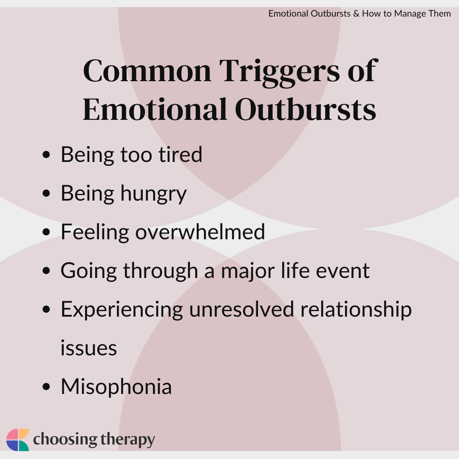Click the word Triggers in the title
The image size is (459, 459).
pyautogui.click(x=280, y=73)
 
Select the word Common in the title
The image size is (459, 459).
pyautogui.click(x=147, y=71)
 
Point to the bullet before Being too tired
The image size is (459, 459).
pyautogui.click(x=46, y=155)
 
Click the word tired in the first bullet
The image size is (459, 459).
pyautogui.click(x=180, y=154)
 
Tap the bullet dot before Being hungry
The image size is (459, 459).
pyautogui.click(x=46, y=193)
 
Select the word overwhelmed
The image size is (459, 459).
pyautogui.click(x=200, y=232)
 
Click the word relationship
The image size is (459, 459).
pyautogui.click(x=356, y=310)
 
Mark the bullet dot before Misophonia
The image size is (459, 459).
pyautogui.click(x=46, y=387)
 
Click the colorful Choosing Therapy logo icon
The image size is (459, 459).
pyautogui.click(x=17, y=440)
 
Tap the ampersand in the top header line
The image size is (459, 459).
pyautogui.click(x=356, y=14)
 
